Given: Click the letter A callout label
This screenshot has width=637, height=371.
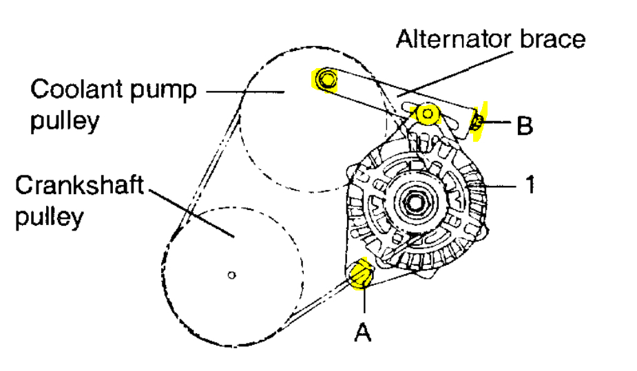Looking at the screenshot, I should click(x=363, y=332).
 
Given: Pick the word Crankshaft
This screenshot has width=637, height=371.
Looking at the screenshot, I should click(x=81, y=186).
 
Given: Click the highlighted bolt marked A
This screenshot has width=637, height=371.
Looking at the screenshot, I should click(x=360, y=275).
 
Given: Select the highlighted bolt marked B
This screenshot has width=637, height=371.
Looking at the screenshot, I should click(x=476, y=123).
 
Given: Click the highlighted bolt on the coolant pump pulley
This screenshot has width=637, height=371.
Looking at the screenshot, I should click(x=324, y=81).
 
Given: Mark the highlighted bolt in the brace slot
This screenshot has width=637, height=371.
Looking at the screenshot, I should click(x=428, y=114).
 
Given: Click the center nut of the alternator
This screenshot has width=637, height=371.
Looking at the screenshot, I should click(x=415, y=203).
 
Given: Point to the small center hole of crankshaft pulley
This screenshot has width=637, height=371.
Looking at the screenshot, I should click(x=232, y=275).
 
